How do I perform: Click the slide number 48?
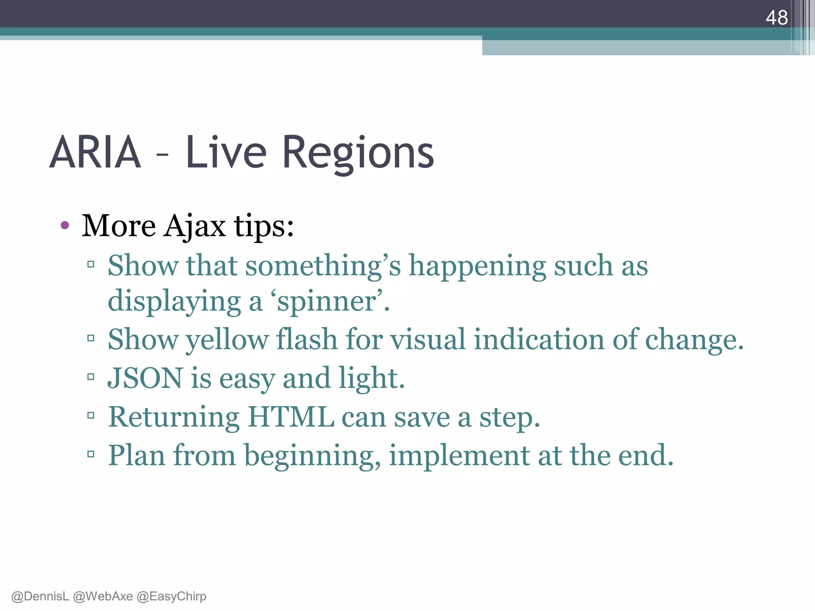click(x=776, y=18)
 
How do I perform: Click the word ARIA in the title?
click(x=95, y=152)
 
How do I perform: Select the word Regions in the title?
click(x=358, y=153)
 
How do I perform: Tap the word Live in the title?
click(x=226, y=152)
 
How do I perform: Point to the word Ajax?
click(x=195, y=226)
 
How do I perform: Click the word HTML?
click(x=291, y=417)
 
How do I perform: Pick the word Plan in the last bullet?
click(x=136, y=455)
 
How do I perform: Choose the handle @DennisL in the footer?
click(x=40, y=596)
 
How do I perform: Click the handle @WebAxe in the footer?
click(x=103, y=596)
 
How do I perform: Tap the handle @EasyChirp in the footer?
click(x=172, y=596)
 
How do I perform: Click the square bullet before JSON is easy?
click(x=91, y=377)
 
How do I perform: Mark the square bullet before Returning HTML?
click(x=91, y=416)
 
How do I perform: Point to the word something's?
click(x=323, y=266)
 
